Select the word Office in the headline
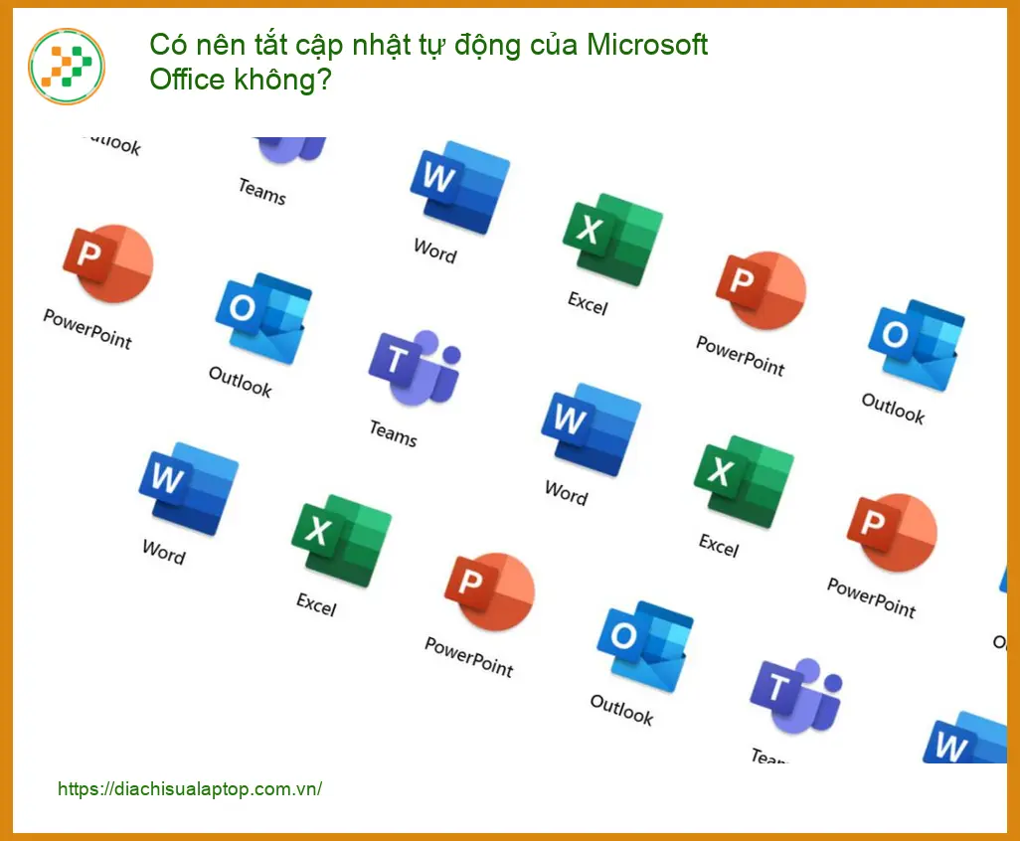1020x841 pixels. pyautogui.click(x=187, y=80)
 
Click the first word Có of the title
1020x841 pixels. pyautogui.click(x=168, y=45)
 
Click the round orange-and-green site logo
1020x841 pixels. pyautogui.click(x=67, y=66)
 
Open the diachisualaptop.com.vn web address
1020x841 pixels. pyautogui.click(x=189, y=789)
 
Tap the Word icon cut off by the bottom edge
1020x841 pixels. pyautogui.click(x=965, y=738)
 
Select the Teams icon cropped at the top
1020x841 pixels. pyautogui.click(x=290, y=150)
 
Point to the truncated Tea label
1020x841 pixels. pyautogui.click(x=768, y=756)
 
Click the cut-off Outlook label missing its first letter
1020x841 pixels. pyautogui.click(x=112, y=144)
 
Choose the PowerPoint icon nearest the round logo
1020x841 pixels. pyautogui.click(x=108, y=263)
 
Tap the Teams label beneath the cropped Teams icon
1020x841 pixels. pyautogui.click(x=262, y=191)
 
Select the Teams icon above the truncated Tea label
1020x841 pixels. pyautogui.click(x=796, y=695)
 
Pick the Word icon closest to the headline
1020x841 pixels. pyautogui.click(x=460, y=187)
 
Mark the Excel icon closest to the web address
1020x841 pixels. pyautogui.click(x=342, y=541)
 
